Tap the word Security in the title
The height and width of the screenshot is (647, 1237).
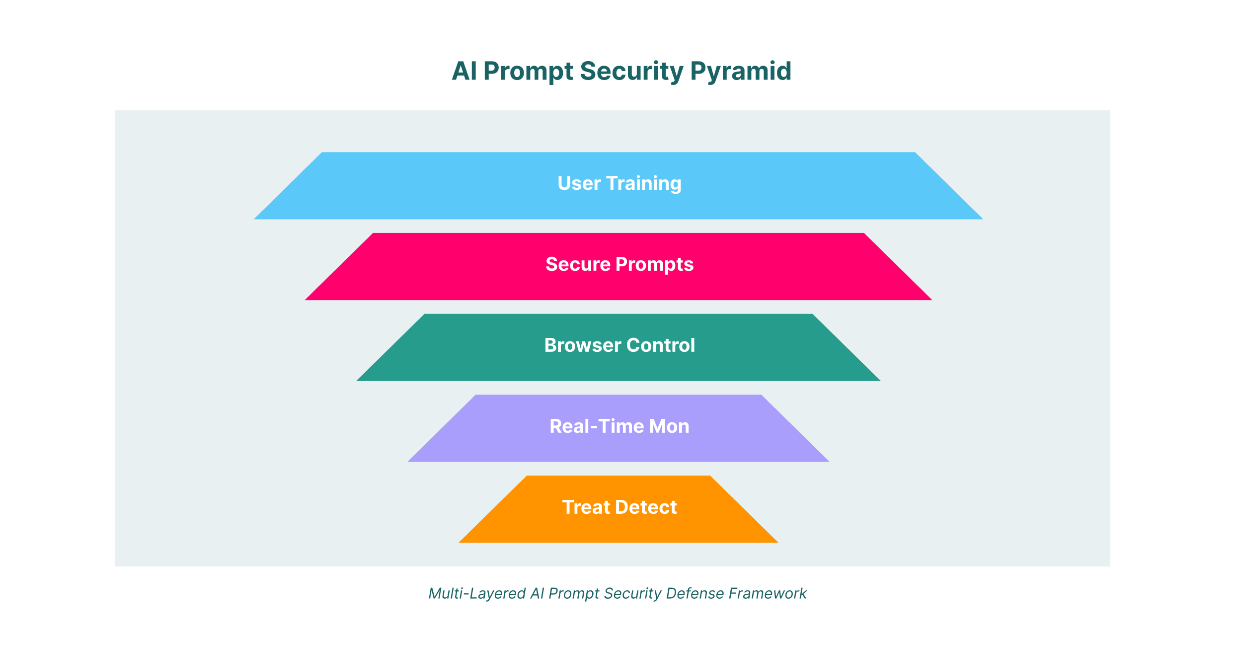point(631,72)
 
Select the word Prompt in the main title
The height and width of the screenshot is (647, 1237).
point(528,72)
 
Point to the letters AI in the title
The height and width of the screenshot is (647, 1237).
point(464,72)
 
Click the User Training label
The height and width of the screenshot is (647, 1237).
point(619,183)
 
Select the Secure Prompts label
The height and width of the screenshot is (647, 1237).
point(619,264)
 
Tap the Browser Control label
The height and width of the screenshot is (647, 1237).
point(619,345)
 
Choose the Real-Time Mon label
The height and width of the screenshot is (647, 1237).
point(619,426)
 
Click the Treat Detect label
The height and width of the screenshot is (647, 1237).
point(619,507)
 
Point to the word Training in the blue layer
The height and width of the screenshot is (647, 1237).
point(643,183)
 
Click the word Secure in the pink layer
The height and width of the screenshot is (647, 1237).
point(578,264)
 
